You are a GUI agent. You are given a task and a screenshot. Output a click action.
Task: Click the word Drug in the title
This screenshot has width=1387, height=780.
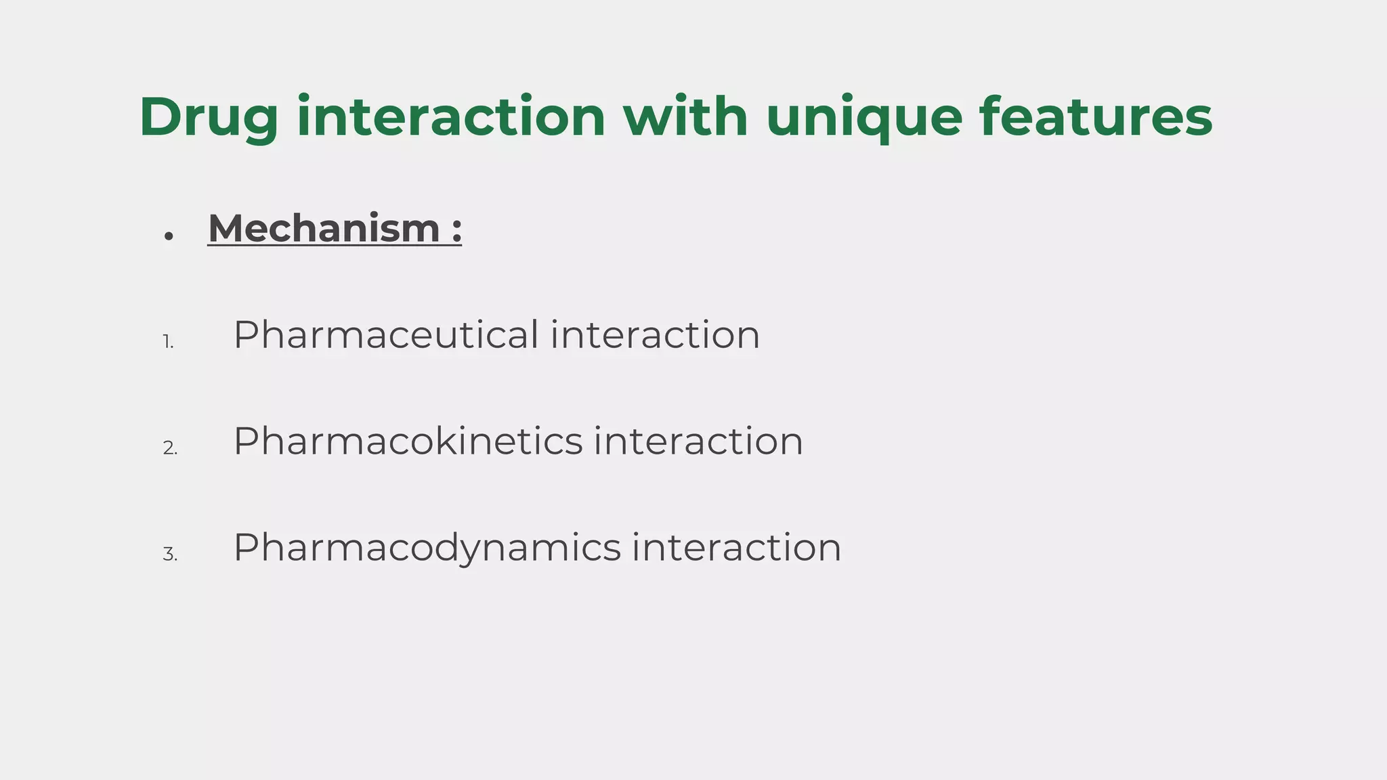click(209, 118)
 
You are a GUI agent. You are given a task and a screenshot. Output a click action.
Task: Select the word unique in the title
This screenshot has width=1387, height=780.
click(864, 118)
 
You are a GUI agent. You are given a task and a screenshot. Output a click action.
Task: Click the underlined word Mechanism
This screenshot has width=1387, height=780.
click(324, 228)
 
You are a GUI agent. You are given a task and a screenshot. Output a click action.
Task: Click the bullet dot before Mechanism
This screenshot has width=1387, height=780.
click(169, 236)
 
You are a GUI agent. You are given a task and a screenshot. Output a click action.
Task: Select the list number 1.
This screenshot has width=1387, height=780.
click(168, 343)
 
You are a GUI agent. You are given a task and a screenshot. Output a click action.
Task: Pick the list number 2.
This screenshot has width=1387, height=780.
click(170, 448)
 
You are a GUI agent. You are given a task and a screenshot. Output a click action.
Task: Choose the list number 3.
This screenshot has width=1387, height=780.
click(170, 555)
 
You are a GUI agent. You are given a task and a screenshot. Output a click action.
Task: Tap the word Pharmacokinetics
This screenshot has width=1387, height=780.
click(408, 441)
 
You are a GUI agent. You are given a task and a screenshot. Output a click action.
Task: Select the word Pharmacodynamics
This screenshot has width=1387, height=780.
click(427, 548)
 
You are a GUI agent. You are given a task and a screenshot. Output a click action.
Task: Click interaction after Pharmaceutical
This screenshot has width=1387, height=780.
click(655, 335)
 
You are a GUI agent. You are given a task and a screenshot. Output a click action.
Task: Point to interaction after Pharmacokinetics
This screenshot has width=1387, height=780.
click(698, 441)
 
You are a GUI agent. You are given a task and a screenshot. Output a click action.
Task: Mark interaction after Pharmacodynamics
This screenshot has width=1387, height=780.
click(736, 548)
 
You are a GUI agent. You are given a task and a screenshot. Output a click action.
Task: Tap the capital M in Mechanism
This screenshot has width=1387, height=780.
click(225, 228)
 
